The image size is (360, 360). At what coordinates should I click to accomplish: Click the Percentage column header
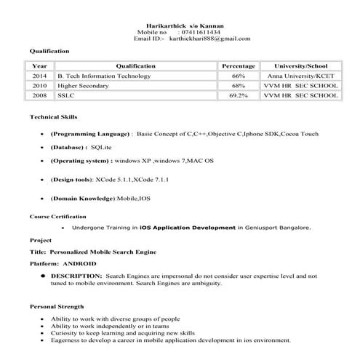click(x=239, y=65)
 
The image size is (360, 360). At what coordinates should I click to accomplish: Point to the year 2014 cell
click(x=39, y=76)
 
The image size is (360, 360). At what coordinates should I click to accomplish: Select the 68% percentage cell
click(x=239, y=86)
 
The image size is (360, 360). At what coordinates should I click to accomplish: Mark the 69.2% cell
click(x=239, y=95)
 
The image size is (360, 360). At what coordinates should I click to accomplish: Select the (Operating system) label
click(x=81, y=160)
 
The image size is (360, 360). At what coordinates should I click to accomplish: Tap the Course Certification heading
click(x=57, y=216)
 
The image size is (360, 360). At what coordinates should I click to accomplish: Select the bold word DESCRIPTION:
click(x=76, y=276)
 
